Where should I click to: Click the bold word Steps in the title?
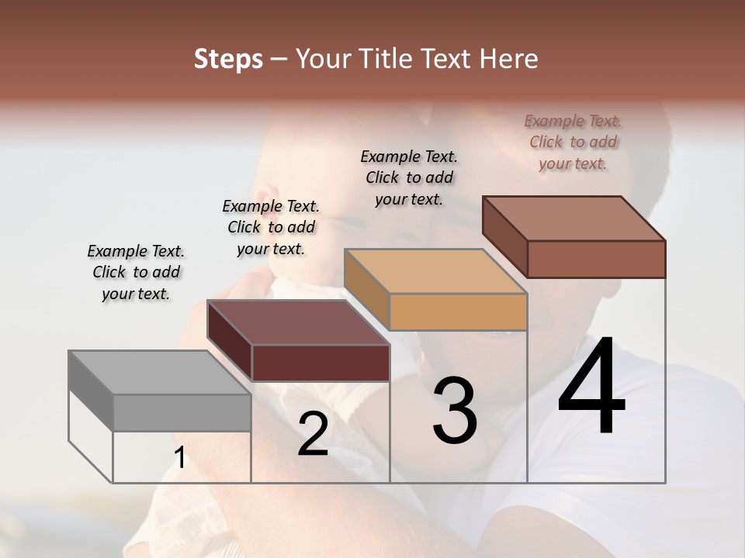(x=228, y=59)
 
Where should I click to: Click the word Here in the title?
(x=509, y=59)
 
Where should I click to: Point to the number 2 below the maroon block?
(x=313, y=434)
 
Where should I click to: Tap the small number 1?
(x=180, y=458)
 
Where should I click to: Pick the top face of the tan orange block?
(x=435, y=272)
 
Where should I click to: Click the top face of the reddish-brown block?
(x=574, y=219)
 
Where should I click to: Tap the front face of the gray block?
(x=182, y=412)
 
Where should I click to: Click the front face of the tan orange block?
(x=458, y=312)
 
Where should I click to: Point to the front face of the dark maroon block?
(x=321, y=363)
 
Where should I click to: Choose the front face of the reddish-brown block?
(x=596, y=259)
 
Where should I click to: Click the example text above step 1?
(x=136, y=272)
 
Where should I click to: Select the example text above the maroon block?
(x=271, y=227)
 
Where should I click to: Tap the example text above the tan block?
(x=409, y=177)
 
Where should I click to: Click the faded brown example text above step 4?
(x=573, y=142)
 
